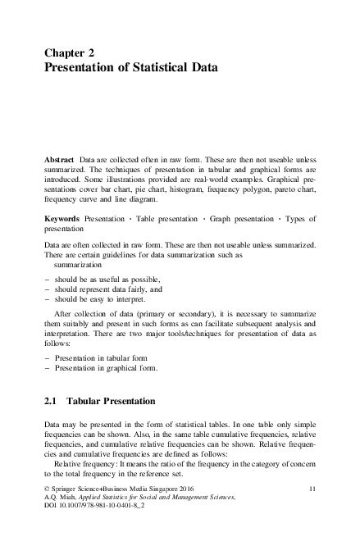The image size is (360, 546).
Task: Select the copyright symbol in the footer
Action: tap(46, 512)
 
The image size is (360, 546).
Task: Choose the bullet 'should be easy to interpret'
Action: tap(98, 299)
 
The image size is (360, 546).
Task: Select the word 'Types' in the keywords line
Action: tap(294, 220)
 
